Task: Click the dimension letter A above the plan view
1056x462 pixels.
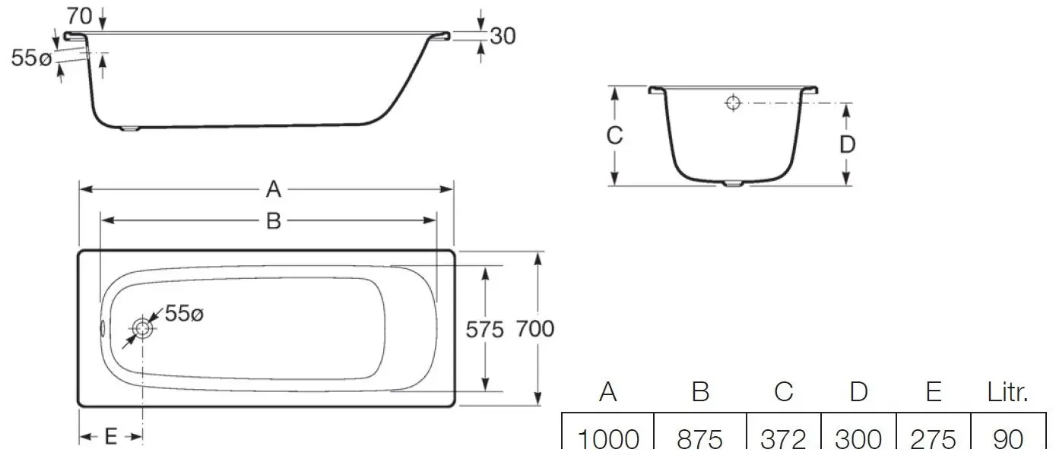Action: [273, 189]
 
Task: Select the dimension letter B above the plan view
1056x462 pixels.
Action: [273, 220]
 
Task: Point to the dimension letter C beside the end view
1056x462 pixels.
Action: [614, 136]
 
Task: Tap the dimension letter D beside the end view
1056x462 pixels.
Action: [848, 144]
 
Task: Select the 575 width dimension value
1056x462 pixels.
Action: [485, 329]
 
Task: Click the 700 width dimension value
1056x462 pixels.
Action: [534, 329]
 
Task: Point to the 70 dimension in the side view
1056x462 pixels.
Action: [80, 14]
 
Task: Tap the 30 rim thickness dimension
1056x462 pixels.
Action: [502, 36]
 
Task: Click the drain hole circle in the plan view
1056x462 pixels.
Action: [142, 329]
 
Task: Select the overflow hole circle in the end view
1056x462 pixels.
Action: [732, 103]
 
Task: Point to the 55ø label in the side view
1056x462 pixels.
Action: [30, 58]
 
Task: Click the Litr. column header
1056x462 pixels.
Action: [1008, 392]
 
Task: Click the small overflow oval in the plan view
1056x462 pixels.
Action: [104, 329]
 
